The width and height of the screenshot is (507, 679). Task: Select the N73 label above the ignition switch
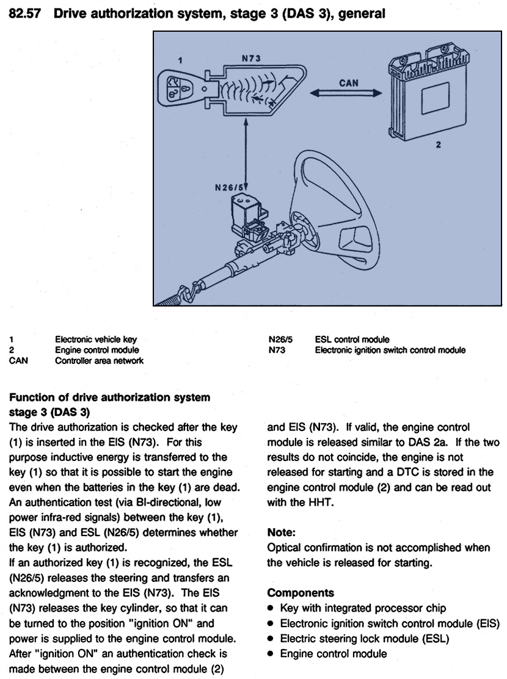250,58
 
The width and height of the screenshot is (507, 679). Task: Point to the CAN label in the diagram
348,82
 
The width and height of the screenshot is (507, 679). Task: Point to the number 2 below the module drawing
438,145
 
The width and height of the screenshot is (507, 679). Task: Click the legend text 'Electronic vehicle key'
96,339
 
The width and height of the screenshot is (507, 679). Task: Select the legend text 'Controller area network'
99,360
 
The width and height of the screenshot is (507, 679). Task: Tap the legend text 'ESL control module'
352,339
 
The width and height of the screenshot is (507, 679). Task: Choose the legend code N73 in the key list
277,350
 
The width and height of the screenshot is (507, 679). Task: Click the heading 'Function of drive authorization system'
110,398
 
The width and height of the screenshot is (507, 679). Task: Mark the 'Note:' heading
282,532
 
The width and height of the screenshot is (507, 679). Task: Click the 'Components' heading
292,592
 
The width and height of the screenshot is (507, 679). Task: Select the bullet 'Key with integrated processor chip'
363,608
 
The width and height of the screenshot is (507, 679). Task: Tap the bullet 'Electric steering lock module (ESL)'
364,639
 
